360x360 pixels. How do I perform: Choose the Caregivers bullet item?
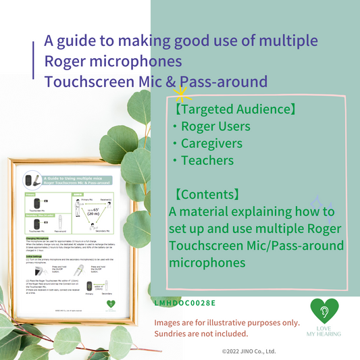[212, 143]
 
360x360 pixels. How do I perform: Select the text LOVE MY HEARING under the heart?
[326, 331]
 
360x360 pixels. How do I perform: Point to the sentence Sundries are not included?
[201, 333]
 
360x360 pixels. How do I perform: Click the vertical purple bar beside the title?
[34, 61]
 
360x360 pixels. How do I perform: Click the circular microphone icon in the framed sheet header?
[28, 180]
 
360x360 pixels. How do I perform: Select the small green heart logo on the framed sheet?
[109, 303]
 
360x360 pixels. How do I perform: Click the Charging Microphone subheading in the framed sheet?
[38, 238]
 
